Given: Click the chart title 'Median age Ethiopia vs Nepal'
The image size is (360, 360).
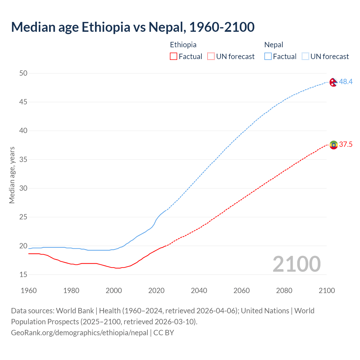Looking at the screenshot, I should [133, 27].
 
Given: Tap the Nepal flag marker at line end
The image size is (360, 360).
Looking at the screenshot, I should [333, 82].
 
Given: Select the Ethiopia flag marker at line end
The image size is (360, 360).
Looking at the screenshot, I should [334, 145].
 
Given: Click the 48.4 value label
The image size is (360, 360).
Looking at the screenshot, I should [346, 82].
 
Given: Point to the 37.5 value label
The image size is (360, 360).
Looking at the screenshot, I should [346, 145].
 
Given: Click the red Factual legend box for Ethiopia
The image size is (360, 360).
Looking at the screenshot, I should [174, 57].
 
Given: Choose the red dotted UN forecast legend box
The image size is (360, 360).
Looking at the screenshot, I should [211, 57].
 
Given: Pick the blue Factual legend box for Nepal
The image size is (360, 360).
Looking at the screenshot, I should [268, 57].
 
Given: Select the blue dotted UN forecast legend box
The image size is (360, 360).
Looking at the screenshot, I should [305, 57].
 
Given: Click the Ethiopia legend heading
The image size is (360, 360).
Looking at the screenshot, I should [183, 45].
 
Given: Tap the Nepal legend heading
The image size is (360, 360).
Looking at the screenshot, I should [274, 45].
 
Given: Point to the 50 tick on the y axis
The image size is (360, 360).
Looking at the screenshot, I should [23, 73].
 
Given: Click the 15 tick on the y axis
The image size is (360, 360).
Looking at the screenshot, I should [23, 274].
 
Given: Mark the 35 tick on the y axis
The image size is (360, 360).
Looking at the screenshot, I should [23, 160].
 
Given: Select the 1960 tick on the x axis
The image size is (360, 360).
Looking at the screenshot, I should [29, 291].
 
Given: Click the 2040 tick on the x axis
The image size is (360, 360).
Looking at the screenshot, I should [199, 291].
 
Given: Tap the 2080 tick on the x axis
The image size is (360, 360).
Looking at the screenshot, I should [284, 291].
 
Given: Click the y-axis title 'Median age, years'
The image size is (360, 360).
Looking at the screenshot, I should [12, 175].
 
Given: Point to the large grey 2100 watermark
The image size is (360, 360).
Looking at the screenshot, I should [296, 264].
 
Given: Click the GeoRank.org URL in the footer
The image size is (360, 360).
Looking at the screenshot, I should [80, 333].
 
